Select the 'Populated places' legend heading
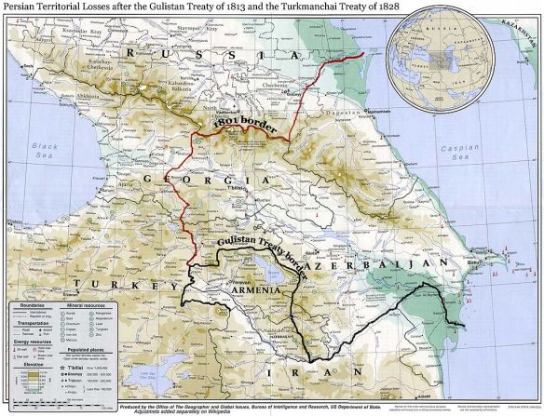pos(85,349)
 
